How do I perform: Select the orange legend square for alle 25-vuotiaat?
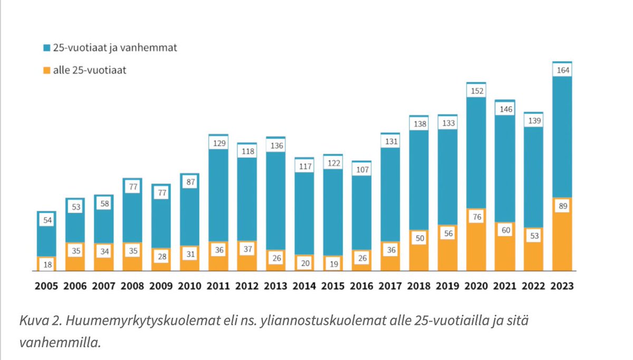[47, 70]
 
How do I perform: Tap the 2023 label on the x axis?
[562, 286]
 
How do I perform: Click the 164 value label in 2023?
[562, 70]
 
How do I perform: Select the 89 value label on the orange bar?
[562, 207]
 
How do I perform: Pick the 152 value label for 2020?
[476, 91]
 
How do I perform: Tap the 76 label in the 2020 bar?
[476, 217]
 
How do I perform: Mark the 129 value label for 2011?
[218, 143]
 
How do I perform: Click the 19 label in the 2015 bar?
[333, 264]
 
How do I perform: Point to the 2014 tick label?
[304, 286]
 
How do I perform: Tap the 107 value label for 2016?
[361, 170]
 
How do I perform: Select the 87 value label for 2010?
[190, 182]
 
